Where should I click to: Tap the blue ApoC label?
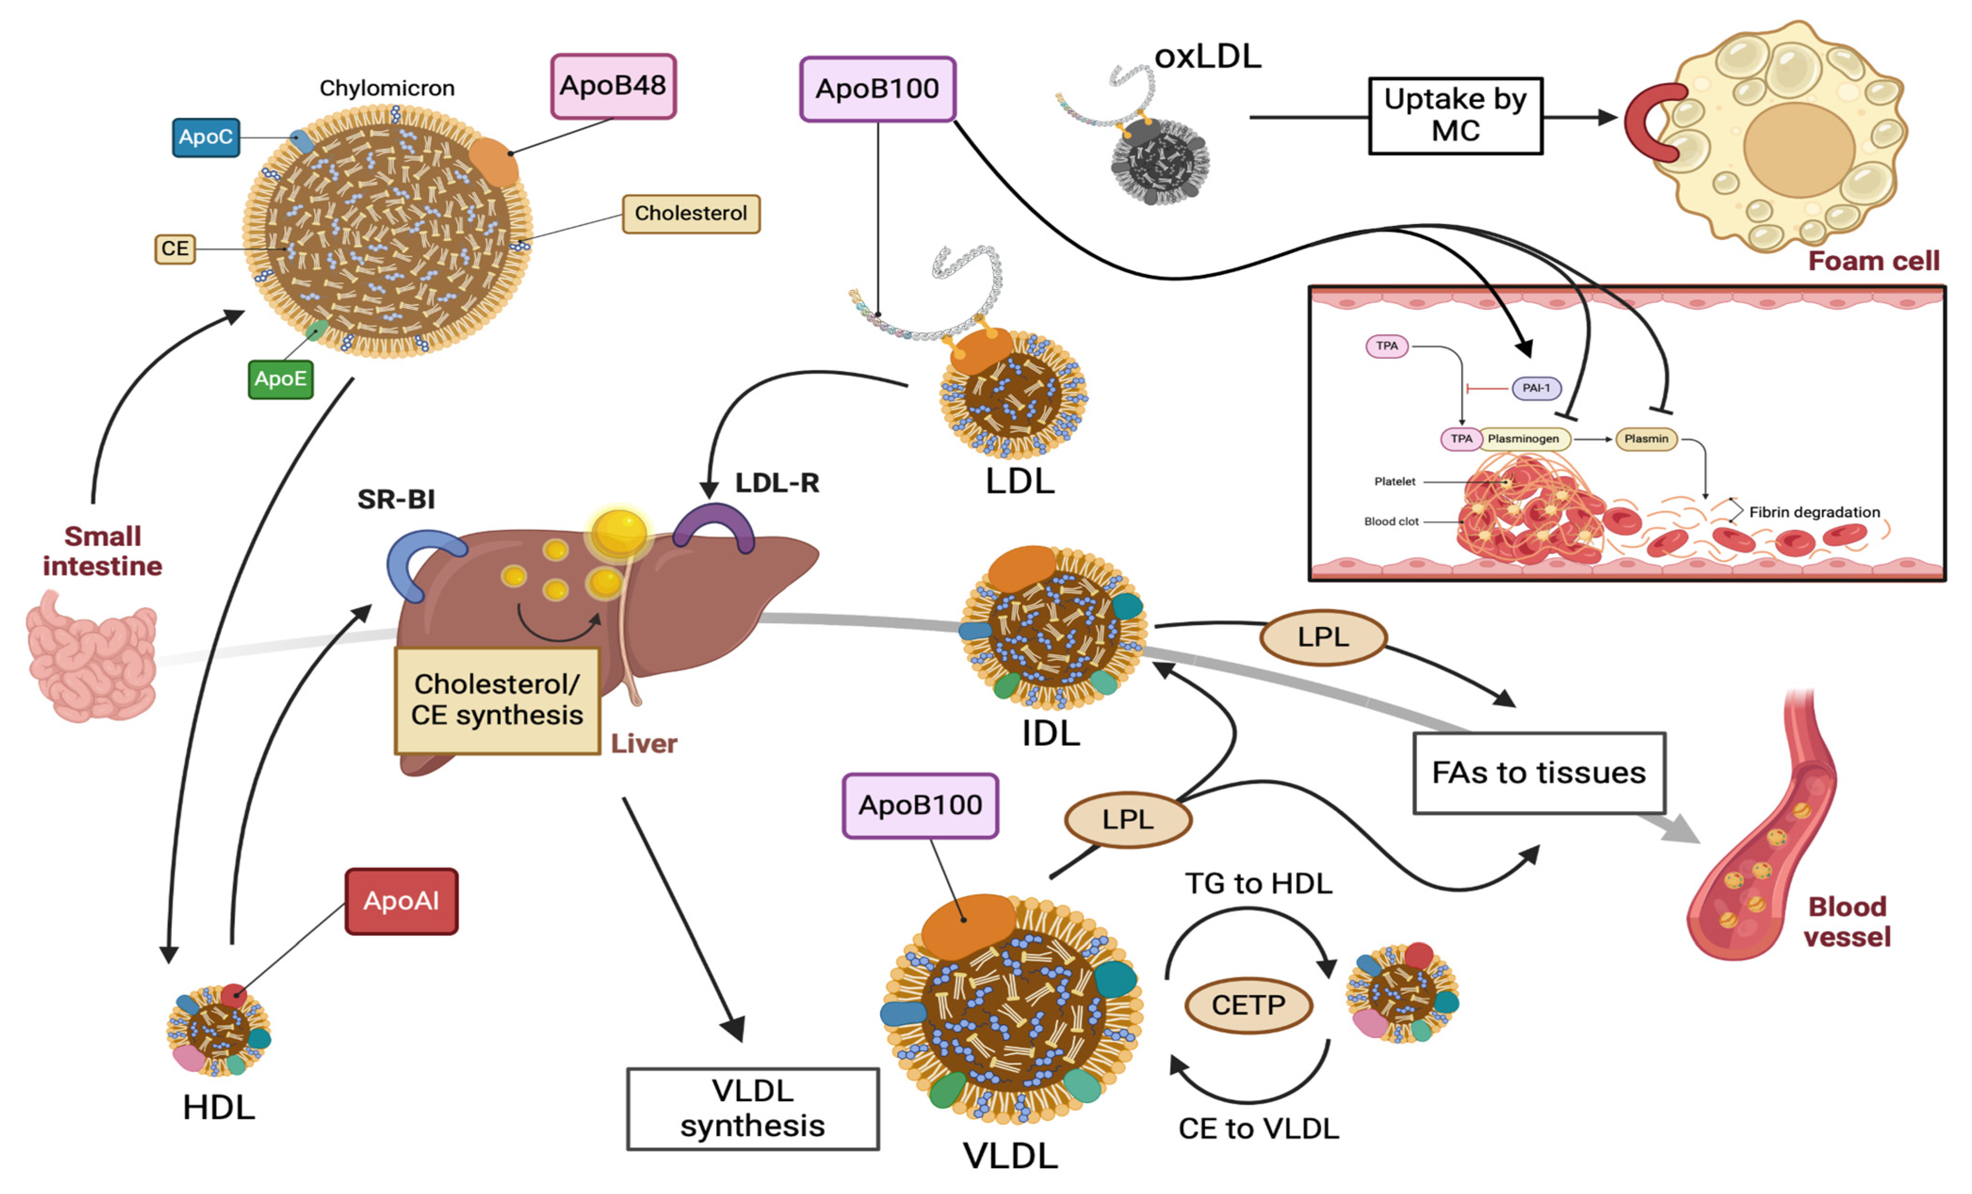(x=206, y=137)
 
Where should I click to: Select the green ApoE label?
(x=280, y=379)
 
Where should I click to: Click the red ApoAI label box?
(x=401, y=901)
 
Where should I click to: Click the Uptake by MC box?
(x=1455, y=115)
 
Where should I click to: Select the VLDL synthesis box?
(x=752, y=1108)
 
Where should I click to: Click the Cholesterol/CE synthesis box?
(x=497, y=700)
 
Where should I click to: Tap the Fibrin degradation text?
(x=1814, y=512)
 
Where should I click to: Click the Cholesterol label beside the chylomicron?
(x=690, y=214)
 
